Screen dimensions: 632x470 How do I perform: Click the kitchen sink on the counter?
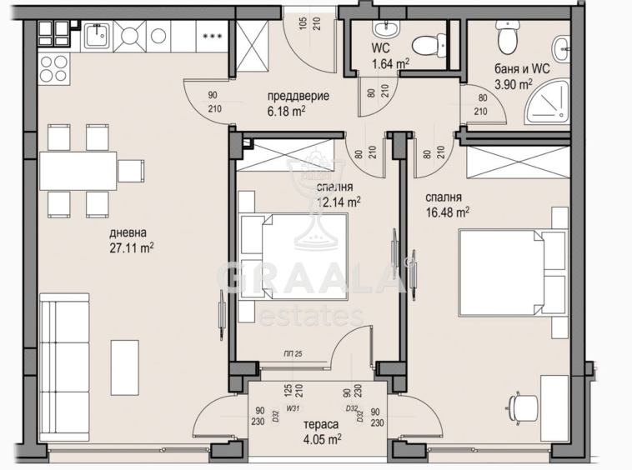coord(97,36)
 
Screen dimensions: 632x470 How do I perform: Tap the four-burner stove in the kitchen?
coord(54,68)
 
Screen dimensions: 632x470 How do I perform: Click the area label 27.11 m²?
coord(132,247)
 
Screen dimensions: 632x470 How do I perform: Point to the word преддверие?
coord(298,97)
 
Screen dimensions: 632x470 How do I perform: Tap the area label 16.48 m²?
coord(448,212)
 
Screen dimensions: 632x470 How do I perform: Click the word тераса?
coord(321,424)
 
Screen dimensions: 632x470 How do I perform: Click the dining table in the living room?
coord(78,171)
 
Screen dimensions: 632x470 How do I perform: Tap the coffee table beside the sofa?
coord(125,367)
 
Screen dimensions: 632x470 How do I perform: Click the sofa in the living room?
coord(64,367)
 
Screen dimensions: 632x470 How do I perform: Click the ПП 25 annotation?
coord(293,354)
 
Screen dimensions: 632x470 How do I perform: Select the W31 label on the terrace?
coord(292,408)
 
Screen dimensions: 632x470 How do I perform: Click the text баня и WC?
coord(522,69)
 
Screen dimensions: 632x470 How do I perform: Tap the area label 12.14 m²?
coord(339,202)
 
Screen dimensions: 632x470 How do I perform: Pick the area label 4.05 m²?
coord(323,438)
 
